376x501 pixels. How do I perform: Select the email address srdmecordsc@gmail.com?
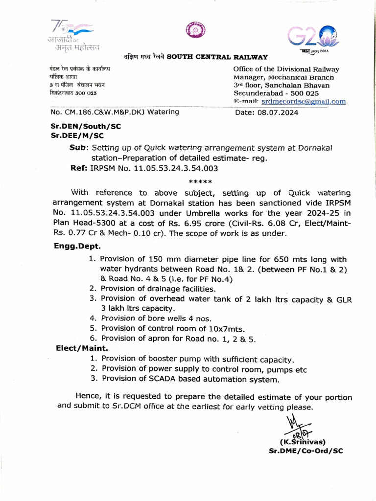pos(304,102)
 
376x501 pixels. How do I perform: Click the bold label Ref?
pos(79,168)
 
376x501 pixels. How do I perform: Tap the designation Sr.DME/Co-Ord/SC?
pos(306,451)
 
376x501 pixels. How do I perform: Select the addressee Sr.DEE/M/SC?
pos(77,136)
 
